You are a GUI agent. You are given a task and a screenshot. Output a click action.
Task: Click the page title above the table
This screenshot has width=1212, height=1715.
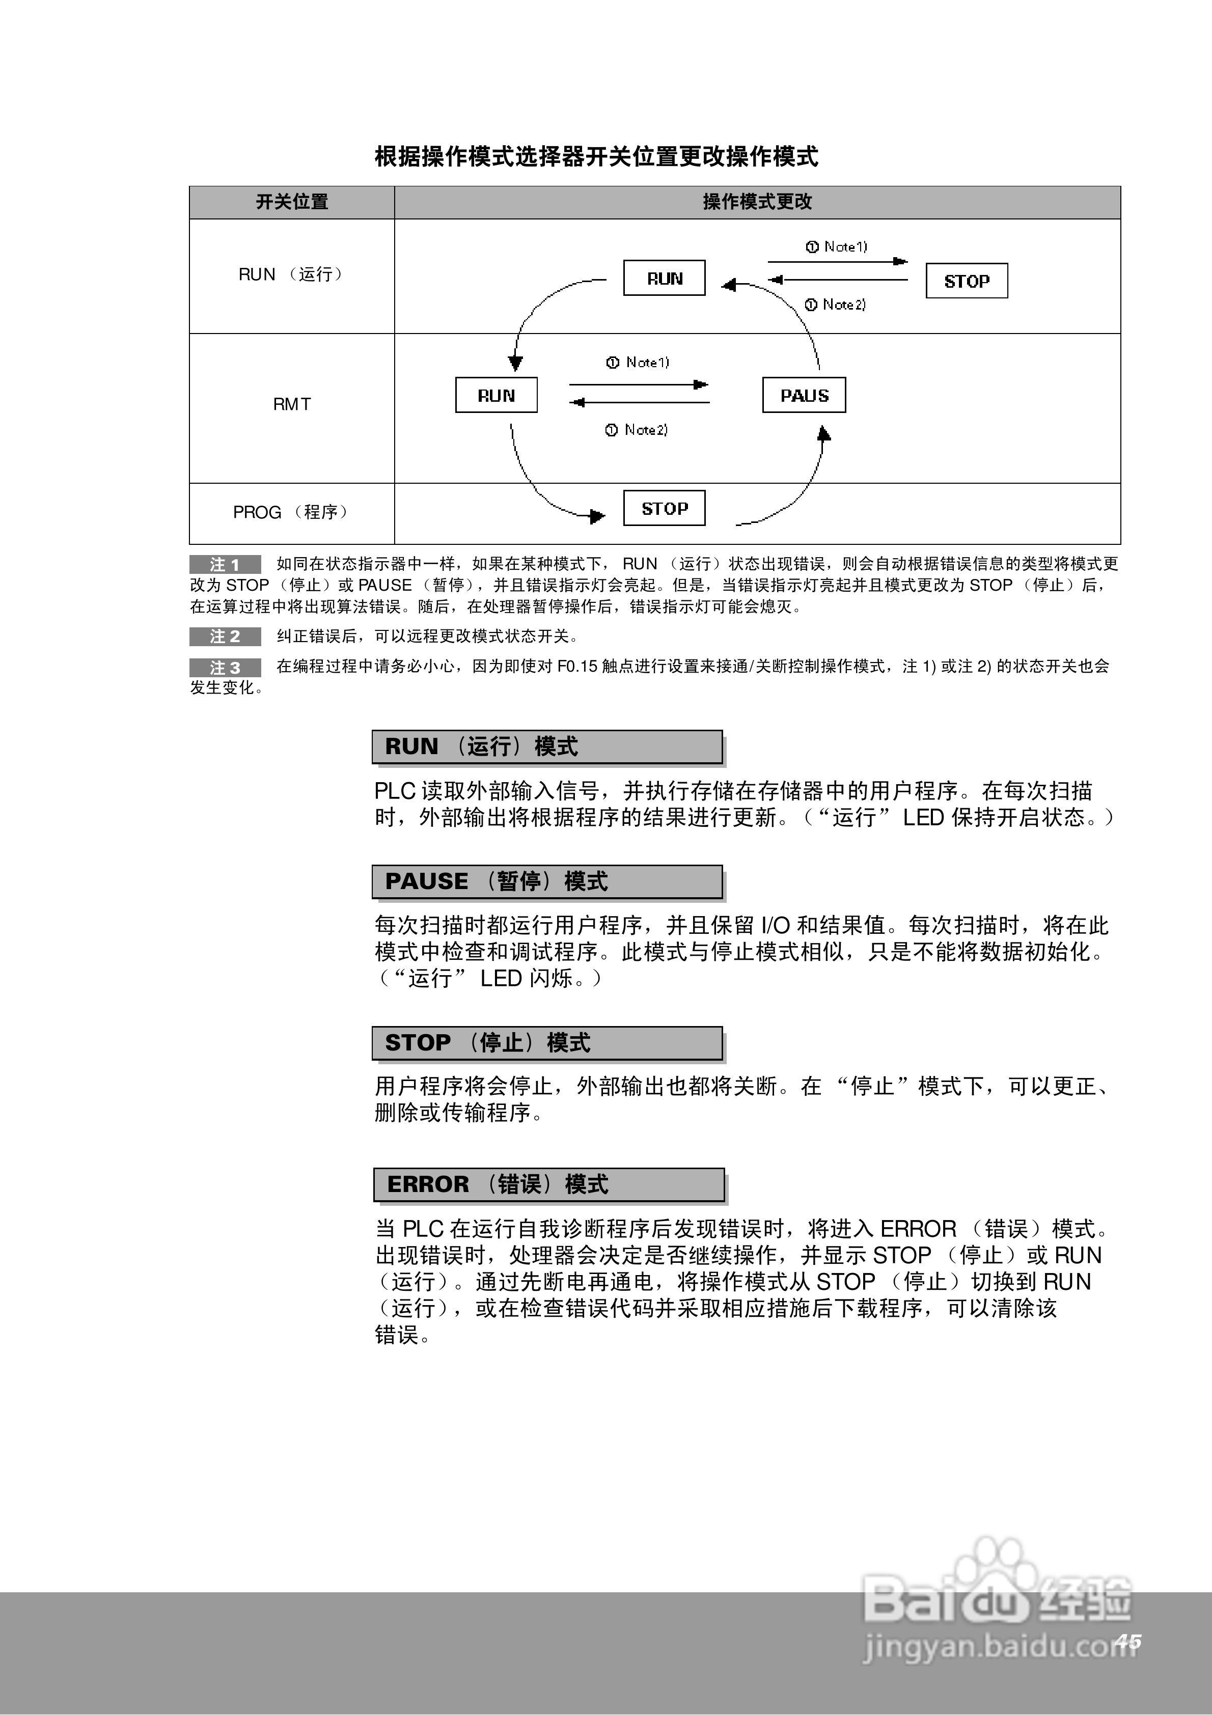pyautogui.click(x=596, y=157)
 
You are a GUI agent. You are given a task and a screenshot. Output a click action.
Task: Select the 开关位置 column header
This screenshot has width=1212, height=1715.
pyautogui.click(x=291, y=202)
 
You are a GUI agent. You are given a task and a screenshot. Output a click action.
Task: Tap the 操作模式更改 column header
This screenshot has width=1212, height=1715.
pyautogui.click(x=757, y=202)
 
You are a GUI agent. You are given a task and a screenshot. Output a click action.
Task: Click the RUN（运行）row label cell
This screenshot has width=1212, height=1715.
pyautogui.click(x=291, y=275)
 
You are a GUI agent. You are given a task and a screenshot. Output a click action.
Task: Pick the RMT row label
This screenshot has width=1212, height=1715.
pyautogui.click(x=291, y=404)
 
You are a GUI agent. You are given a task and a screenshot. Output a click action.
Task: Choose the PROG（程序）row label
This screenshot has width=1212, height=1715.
pyautogui.click(x=291, y=512)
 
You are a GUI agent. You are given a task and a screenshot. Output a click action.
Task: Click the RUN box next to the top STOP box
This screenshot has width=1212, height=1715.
pyautogui.click(x=664, y=279)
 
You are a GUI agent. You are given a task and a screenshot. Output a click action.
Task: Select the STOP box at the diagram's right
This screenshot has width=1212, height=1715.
pyautogui.click(x=966, y=282)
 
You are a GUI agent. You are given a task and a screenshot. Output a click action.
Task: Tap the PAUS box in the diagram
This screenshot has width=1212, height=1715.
pyautogui.click(x=804, y=396)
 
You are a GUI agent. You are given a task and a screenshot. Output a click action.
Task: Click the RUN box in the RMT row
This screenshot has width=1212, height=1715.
pyautogui.click(x=496, y=396)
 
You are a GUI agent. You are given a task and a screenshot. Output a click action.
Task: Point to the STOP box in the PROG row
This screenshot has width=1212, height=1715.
pyautogui.click(x=664, y=509)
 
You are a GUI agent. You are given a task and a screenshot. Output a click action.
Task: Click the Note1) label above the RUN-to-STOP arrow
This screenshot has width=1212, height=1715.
pyautogui.click(x=837, y=246)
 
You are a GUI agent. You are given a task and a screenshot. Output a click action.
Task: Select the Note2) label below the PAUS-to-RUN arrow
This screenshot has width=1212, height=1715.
pyautogui.click(x=638, y=429)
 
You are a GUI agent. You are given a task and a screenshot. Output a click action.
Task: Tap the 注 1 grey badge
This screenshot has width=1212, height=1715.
pyautogui.click(x=225, y=565)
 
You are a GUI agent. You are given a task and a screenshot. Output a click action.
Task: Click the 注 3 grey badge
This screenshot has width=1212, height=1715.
pyautogui.click(x=225, y=667)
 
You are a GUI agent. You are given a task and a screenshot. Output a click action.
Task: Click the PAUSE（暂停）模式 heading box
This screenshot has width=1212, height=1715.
pyautogui.click(x=547, y=882)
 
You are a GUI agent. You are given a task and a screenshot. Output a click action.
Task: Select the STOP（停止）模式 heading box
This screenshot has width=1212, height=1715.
pyautogui.click(x=547, y=1043)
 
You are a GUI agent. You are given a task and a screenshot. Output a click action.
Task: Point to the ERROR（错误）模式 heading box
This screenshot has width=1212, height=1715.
pyautogui.click(x=548, y=1185)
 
